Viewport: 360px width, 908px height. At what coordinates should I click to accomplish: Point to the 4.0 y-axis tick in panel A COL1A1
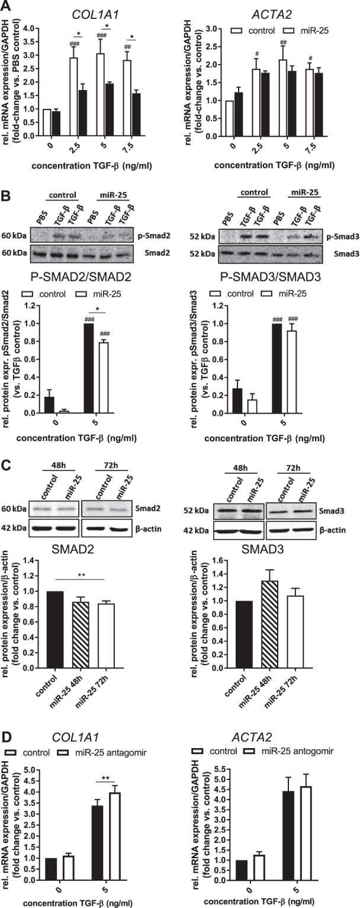(37, 27)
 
